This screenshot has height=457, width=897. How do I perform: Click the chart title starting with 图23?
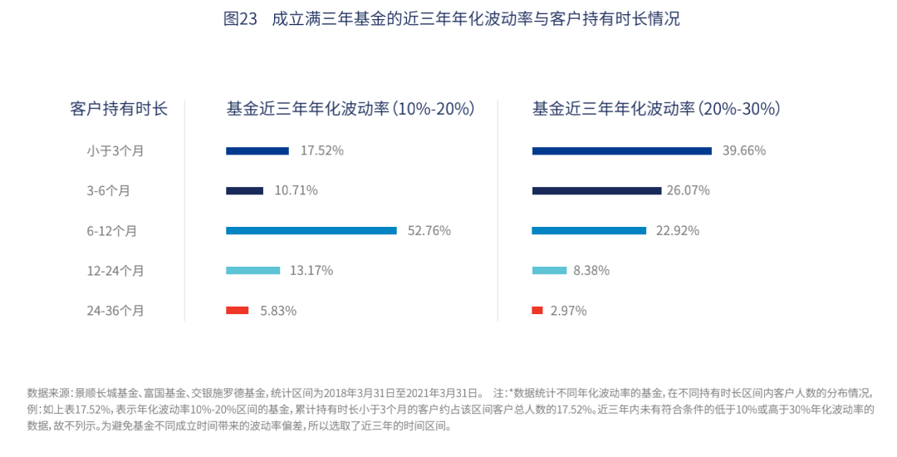451,18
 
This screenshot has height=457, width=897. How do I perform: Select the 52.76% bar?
311,230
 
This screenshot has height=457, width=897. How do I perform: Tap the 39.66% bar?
622,150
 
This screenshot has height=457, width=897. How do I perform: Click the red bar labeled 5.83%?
237,310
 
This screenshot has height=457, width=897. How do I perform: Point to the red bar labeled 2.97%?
537,310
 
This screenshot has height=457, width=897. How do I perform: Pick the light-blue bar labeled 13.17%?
252,270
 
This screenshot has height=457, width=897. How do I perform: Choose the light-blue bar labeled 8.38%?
549,270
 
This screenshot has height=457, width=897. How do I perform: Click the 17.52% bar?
257,150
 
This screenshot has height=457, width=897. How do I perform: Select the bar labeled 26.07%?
596,190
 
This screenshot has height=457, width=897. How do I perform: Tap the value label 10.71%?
296,190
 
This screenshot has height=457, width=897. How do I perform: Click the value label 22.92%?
678,230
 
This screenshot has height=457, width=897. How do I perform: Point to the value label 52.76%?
429,230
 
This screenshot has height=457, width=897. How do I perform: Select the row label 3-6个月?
108,190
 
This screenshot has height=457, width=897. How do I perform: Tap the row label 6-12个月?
111,230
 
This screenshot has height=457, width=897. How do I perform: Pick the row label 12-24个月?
115,270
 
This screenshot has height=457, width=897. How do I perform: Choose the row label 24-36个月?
115,310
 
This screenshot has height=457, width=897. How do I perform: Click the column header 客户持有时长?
119,109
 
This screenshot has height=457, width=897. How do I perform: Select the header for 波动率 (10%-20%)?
350,109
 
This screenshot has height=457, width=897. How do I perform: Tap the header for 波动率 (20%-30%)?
656,109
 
